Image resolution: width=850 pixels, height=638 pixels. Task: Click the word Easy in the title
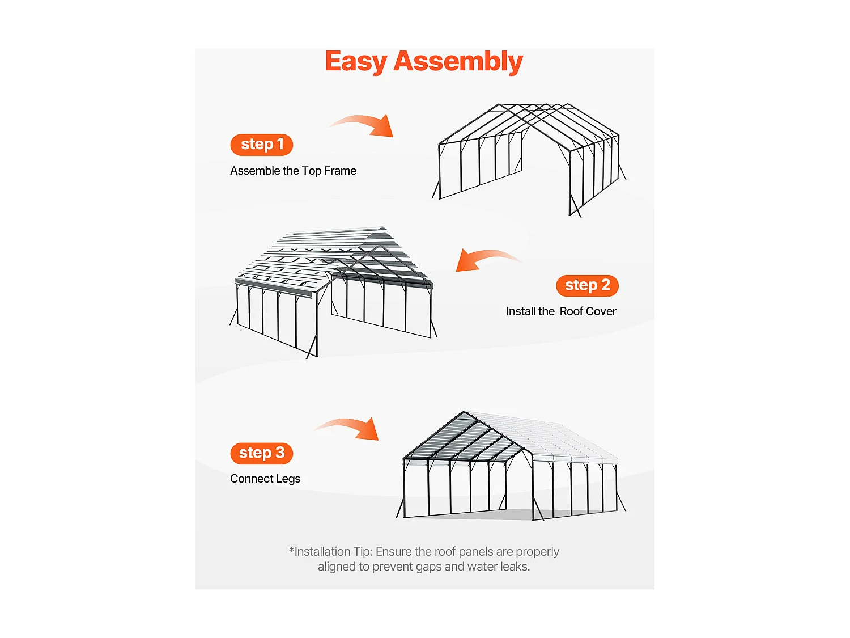coord(356,61)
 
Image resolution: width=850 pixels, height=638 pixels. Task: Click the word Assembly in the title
coord(458,61)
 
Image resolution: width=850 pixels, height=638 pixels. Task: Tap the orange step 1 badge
coord(261,145)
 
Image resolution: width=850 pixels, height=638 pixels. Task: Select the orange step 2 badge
coord(587,285)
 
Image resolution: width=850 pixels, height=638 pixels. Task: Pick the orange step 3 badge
coord(261,453)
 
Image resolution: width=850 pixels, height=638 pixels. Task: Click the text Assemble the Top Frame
coord(293,171)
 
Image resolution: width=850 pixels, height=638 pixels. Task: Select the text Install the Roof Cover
coord(560,311)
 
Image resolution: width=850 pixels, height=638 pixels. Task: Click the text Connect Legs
coord(265,479)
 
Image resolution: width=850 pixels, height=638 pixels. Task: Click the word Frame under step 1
coord(340,171)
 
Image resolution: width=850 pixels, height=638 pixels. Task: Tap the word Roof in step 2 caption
coord(571,311)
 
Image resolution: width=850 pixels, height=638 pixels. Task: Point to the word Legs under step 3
coord(288,479)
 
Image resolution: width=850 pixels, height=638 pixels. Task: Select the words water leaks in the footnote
coord(498,567)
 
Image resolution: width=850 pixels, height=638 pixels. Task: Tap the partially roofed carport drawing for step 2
coord(334,289)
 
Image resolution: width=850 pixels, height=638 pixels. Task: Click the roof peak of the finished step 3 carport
coord(464,413)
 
